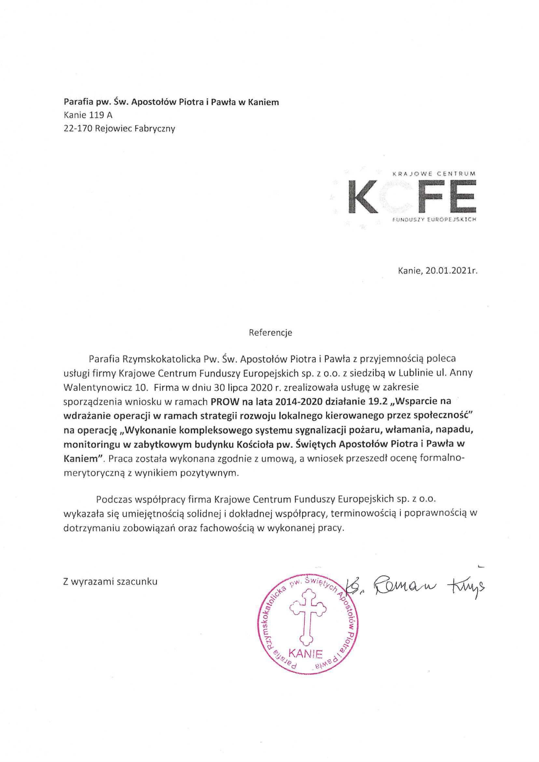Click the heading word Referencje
pyautogui.click(x=270, y=333)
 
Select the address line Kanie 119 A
pyautogui.click(x=88, y=115)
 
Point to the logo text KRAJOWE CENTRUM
pyautogui.click(x=434, y=173)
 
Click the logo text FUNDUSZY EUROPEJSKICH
pyautogui.click(x=434, y=220)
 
